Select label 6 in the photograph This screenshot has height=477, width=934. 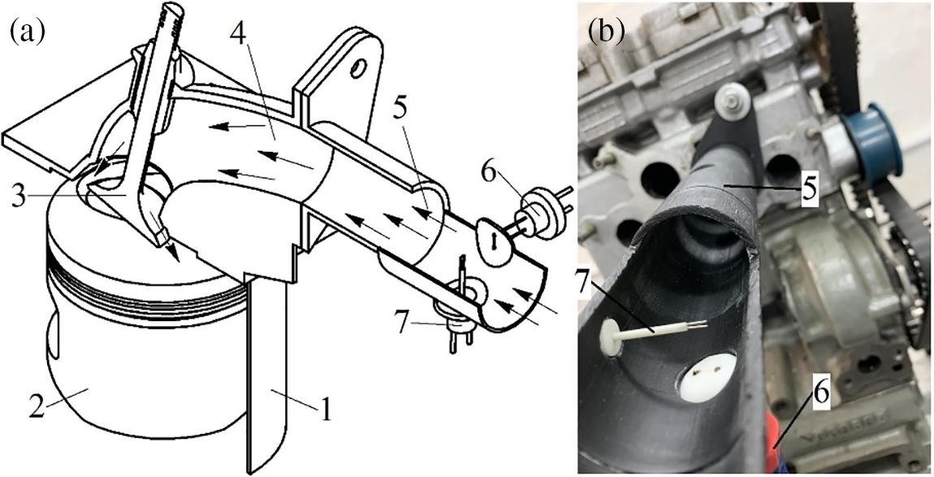click(822, 393)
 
